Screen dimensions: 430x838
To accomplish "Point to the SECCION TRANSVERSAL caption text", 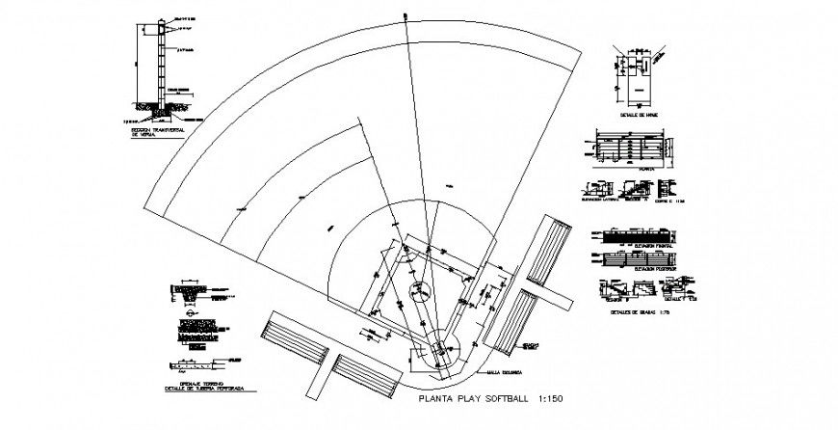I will pos(156,130).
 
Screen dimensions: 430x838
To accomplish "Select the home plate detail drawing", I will pos(635,73).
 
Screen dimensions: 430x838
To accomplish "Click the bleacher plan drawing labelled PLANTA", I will pos(625,149).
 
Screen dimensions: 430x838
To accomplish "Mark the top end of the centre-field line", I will pos(406,13).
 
